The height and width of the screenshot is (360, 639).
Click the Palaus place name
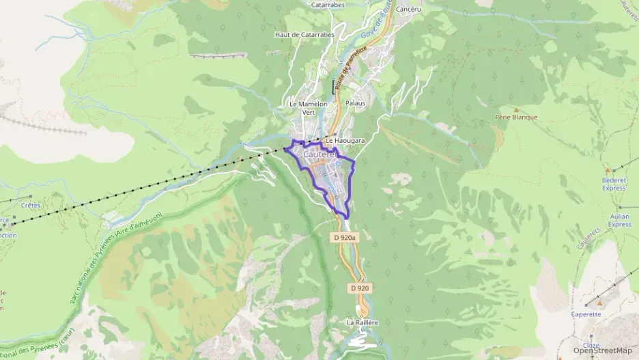355,103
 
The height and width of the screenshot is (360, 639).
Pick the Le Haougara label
345,141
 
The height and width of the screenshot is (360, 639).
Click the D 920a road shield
345,238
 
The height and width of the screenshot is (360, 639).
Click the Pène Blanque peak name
516,117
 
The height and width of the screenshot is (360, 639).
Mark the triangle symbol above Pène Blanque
516,109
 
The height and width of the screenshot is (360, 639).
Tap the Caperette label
586,314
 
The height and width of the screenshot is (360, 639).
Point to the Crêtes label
31,205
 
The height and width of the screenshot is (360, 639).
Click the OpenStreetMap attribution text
602,350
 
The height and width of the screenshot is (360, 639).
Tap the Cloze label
591,346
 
